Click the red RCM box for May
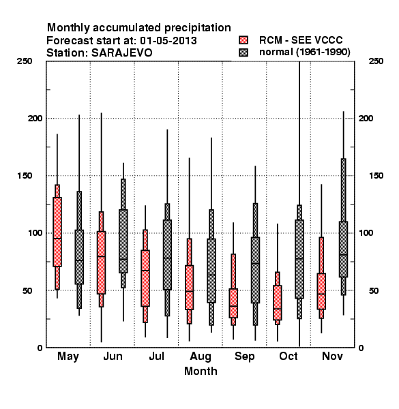[57, 232]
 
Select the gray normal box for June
[123, 241]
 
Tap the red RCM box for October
[278, 303]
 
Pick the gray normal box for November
[344, 249]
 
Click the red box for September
[233, 303]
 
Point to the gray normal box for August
[211, 271]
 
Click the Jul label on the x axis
[157, 356]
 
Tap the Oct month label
[289, 356]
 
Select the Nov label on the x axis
[332, 356]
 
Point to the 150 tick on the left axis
[25, 176]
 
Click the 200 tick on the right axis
[366, 118]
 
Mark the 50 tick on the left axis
[27, 290]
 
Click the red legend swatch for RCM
[243, 40]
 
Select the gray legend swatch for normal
[243, 52]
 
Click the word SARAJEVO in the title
[122, 52]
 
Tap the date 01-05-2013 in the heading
[168, 40]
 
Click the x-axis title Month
[201, 371]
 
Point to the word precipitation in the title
[198, 28]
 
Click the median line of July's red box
[145, 270]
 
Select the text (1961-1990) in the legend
[323, 52]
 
